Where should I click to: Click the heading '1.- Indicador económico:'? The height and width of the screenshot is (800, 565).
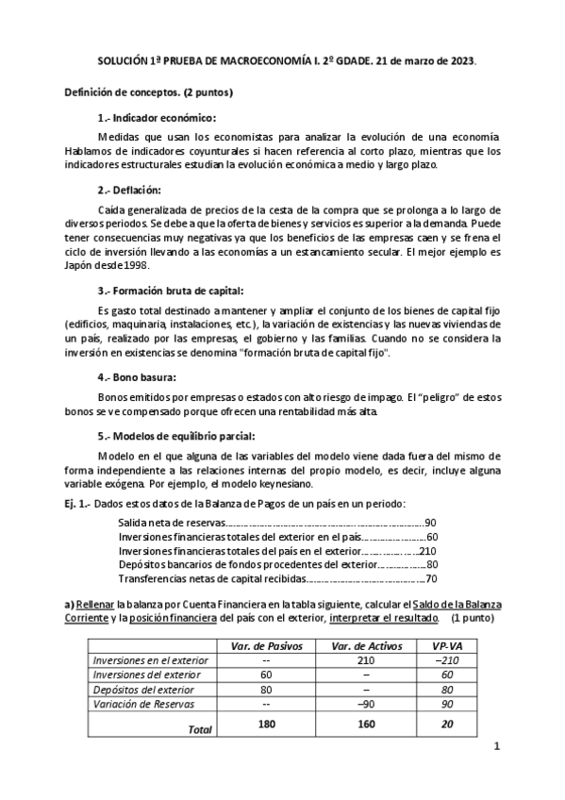point(157,118)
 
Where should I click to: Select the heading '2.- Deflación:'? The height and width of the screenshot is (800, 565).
point(130,190)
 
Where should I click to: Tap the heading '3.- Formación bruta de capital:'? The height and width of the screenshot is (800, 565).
point(176,291)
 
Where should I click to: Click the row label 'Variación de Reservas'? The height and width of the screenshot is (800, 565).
point(141,703)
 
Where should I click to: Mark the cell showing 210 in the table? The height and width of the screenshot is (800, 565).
point(367,661)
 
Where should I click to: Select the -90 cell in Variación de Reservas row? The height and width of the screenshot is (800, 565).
point(367,703)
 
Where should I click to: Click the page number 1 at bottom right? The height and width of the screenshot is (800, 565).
point(496,774)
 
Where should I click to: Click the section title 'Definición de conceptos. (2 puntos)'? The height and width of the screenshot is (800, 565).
point(148,92)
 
